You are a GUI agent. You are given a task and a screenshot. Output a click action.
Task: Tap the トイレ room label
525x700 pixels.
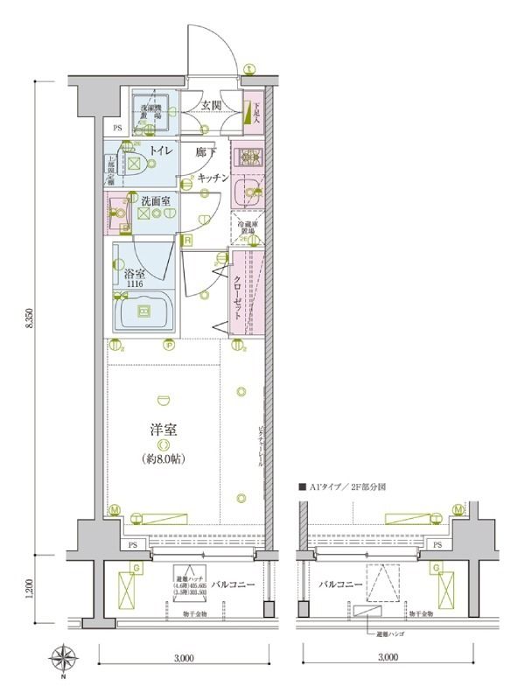click(x=159, y=150)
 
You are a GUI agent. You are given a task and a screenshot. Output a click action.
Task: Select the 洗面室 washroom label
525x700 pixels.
click(x=157, y=200)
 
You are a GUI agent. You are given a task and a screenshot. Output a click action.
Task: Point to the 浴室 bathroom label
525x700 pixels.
click(x=135, y=273)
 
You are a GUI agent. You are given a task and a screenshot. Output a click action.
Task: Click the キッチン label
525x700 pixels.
click(x=213, y=178)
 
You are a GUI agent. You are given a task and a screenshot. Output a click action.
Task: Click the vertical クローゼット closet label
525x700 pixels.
click(x=237, y=297)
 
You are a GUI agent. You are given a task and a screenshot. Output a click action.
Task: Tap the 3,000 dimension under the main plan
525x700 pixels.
click(x=183, y=657)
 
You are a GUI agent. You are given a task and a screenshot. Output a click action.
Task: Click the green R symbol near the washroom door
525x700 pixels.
click(x=187, y=239)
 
